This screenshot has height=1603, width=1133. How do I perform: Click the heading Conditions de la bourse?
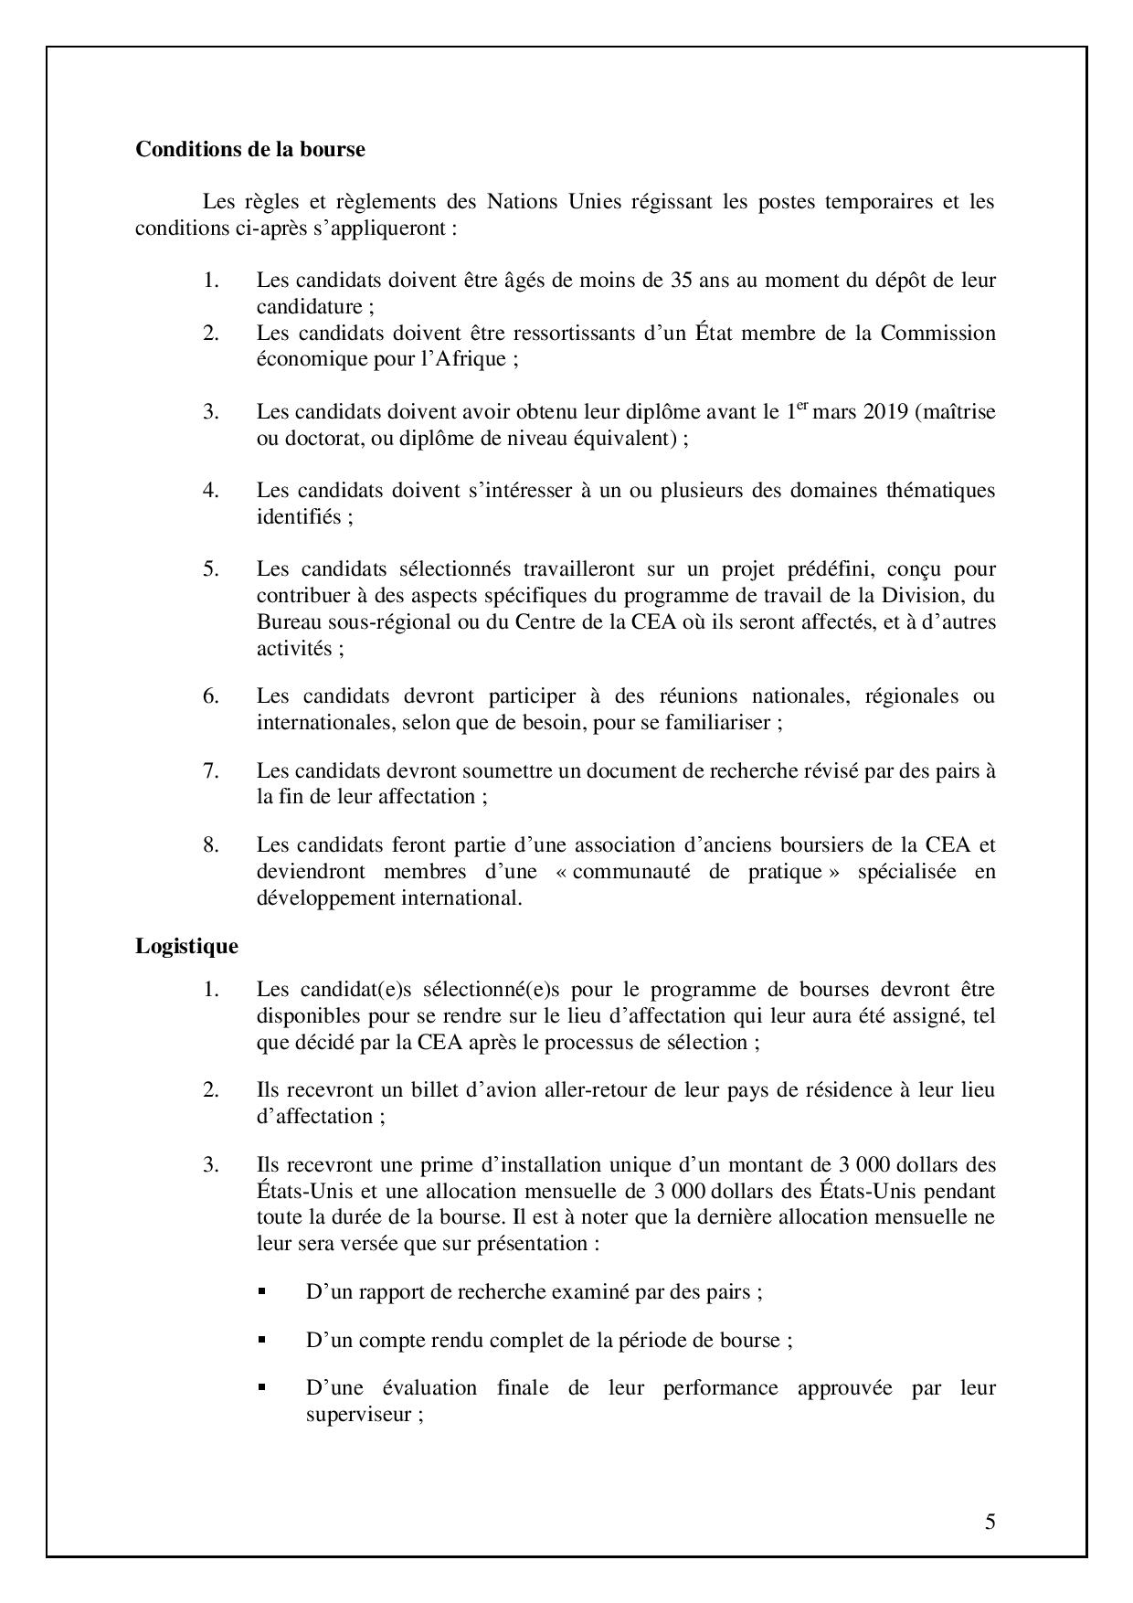coord(249,150)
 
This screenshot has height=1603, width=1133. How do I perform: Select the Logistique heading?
coord(186,946)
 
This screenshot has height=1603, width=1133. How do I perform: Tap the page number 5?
coord(990,1522)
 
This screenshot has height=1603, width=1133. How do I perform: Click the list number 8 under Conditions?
coord(211,844)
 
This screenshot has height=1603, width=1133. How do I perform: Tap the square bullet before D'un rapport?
coord(261,1291)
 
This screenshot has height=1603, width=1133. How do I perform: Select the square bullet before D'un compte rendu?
coord(261,1340)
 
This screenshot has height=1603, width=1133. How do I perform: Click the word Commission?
coord(937,333)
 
